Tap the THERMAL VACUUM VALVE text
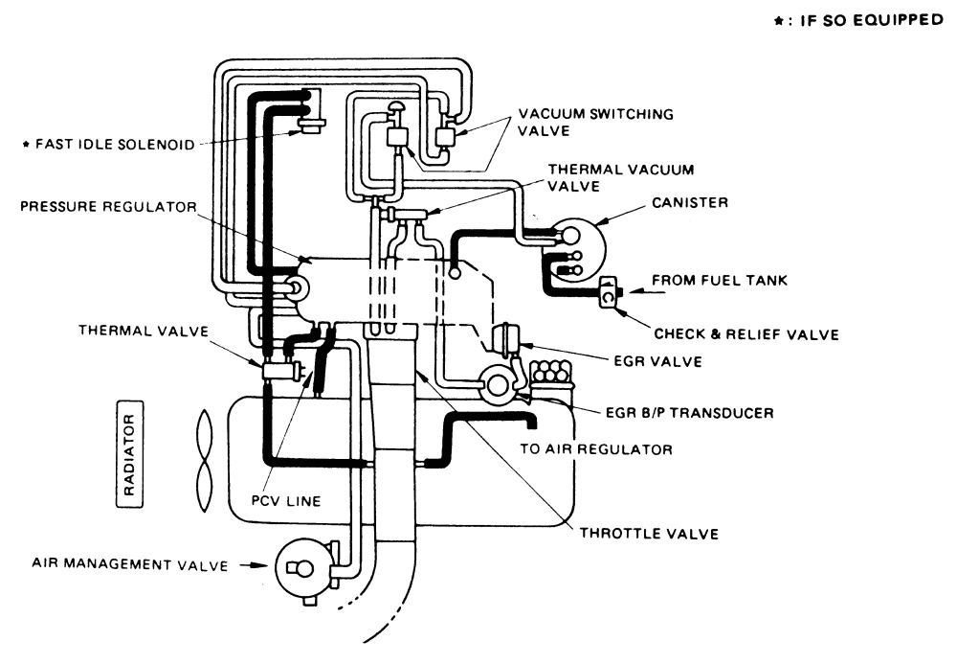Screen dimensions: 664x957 619,177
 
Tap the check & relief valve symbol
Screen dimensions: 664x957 609,295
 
